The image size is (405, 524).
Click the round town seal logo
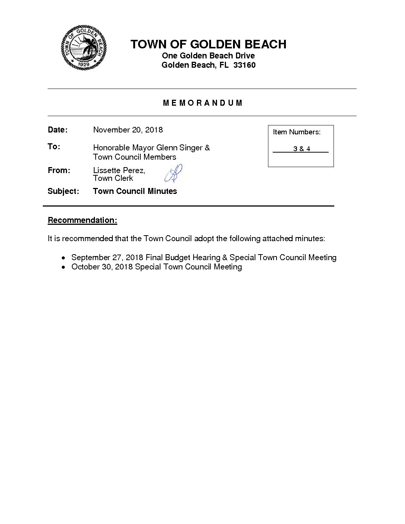tap(84, 47)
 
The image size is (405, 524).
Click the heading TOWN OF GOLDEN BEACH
tap(208, 44)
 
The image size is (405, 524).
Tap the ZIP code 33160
tap(244, 65)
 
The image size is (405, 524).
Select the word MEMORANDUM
tap(202, 103)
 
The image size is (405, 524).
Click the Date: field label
tap(57, 130)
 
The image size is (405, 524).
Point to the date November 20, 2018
tap(128, 130)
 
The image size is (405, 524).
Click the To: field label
tap(54, 147)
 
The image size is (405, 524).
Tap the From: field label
tap(59, 170)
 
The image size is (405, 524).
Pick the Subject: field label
tap(63, 191)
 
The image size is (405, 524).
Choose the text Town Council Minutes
tap(135, 191)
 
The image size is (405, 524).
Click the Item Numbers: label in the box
tap(296, 132)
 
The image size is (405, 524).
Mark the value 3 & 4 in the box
tap(302, 149)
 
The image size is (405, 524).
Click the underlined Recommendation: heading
tap(82, 220)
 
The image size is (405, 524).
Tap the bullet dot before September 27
tap(64, 258)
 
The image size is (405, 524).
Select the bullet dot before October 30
tap(64, 267)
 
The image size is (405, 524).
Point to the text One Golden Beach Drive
tap(208, 56)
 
